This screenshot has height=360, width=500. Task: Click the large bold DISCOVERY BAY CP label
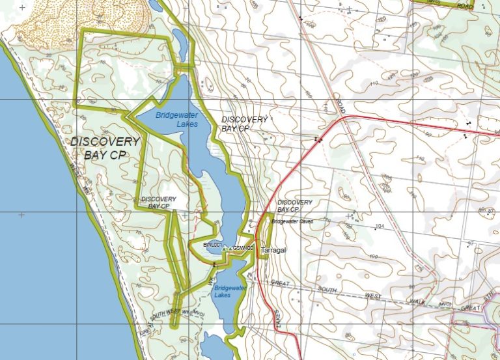pyautogui.click(x=105, y=148)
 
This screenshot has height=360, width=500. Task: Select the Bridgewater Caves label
pyautogui.click(x=292, y=222)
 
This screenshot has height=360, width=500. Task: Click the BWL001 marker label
pyautogui.click(x=212, y=244)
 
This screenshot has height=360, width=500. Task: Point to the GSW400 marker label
pyautogui.click(x=243, y=248)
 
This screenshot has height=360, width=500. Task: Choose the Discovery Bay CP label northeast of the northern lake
pyautogui.click(x=244, y=124)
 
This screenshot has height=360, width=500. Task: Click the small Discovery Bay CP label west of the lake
pyautogui.click(x=158, y=202)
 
